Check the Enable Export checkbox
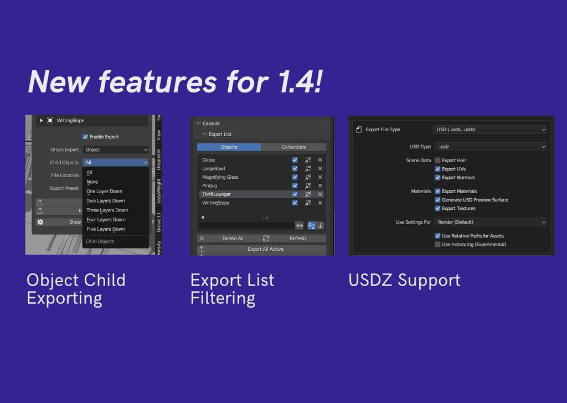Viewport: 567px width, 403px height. [x=85, y=137]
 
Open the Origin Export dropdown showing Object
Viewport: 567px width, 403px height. [x=116, y=149]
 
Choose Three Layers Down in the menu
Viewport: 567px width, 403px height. [x=107, y=210]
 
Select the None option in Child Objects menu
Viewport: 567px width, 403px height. [x=92, y=182]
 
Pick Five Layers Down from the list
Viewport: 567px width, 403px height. [x=106, y=229]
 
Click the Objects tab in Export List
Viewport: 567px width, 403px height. [x=229, y=147]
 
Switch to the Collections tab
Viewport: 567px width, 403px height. [x=293, y=147]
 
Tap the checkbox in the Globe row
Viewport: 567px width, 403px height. [x=295, y=160]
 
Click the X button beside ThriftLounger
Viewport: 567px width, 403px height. [x=320, y=194]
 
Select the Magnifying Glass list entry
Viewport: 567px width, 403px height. [x=220, y=177]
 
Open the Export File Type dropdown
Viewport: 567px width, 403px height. [x=489, y=130]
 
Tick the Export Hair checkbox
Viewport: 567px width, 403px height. [x=437, y=161]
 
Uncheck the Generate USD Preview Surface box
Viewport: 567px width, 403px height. [x=437, y=200]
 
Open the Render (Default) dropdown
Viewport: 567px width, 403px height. [x=489, y=222]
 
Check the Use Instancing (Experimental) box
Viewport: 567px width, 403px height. [x=437, y=244]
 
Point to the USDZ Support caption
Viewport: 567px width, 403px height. [x=404, y=280]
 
